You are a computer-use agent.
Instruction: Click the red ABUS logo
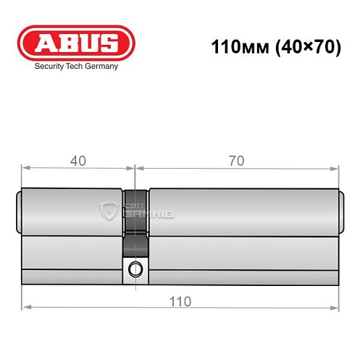point(75,43)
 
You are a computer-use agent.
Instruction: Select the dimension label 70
point(235,160)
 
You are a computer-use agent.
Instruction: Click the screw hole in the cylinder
point(134,271)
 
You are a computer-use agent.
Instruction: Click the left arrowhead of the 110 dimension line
point(25,308)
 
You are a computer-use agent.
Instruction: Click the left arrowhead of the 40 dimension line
point(25,169)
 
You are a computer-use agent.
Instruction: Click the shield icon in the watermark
point(108,211)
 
